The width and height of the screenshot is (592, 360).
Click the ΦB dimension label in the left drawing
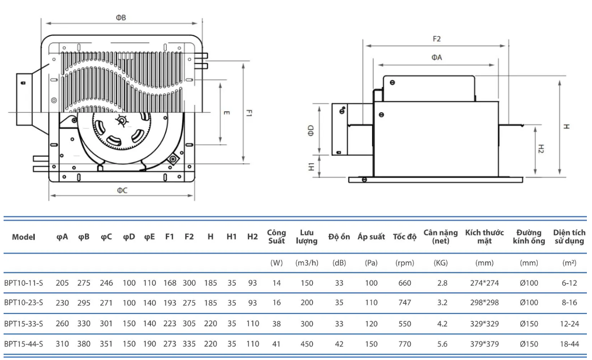coord(121,17)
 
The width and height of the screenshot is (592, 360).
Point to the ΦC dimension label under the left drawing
coord(122,190)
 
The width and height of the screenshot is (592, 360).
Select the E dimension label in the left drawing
coord(227,113)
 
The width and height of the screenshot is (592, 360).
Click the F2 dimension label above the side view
coord(436,39)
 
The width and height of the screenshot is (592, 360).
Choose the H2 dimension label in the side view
coord(541,149)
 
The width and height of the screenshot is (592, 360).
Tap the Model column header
coord(24,237)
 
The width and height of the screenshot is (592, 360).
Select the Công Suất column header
coord(277,237)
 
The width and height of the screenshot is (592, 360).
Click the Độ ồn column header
coord(339,237)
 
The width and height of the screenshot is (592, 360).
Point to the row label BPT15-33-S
coord(24,324)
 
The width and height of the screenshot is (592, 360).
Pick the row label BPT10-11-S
coord(24,283)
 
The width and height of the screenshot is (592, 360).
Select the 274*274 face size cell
coord(484,283)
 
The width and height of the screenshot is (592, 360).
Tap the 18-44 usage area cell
coord(568,344)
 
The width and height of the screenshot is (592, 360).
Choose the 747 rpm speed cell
coord(404,303)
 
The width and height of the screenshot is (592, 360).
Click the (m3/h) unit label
coord(307,263)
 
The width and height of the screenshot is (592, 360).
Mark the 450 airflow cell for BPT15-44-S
coord(307,344)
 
